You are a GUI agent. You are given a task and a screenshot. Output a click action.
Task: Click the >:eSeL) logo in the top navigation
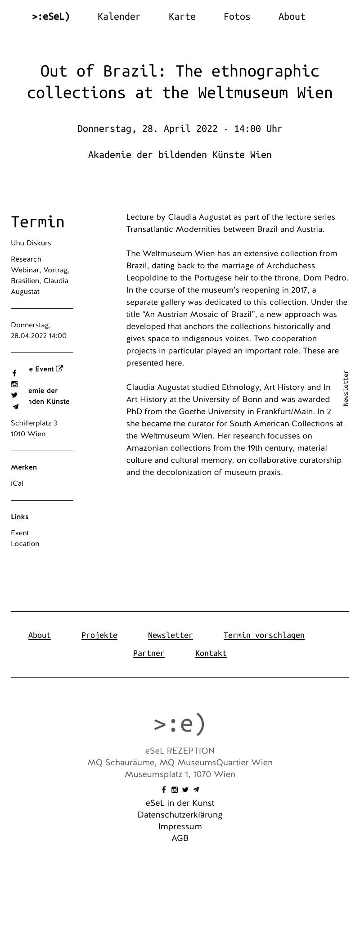51,17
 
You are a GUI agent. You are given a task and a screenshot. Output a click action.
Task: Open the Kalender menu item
119,17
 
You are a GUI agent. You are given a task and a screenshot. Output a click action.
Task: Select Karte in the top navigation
182,17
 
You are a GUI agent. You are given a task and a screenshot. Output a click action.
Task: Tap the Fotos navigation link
237,17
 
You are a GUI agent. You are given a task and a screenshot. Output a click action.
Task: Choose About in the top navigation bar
292,17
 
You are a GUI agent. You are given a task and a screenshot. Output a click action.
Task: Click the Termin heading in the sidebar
38,222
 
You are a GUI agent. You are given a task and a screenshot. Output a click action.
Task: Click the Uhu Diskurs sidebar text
31,243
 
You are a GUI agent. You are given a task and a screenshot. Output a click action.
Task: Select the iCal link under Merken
17,484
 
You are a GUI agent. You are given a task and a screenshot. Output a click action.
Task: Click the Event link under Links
20,533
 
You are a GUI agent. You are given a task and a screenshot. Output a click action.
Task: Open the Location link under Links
25,544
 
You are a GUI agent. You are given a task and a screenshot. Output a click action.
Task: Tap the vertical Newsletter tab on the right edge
346,388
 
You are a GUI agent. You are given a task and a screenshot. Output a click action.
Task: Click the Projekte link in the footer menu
99,635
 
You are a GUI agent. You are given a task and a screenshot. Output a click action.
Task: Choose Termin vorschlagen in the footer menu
264,635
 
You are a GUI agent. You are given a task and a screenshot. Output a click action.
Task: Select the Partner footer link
149,653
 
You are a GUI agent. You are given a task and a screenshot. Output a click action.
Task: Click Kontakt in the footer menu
211,653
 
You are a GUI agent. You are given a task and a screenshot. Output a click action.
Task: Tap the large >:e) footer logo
180,723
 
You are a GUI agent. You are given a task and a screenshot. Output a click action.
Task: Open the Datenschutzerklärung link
180,815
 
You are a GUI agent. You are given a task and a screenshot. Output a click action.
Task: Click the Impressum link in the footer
180,827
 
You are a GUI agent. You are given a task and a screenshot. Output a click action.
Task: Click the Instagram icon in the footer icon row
175,790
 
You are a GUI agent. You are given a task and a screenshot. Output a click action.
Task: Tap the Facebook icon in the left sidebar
14,373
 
